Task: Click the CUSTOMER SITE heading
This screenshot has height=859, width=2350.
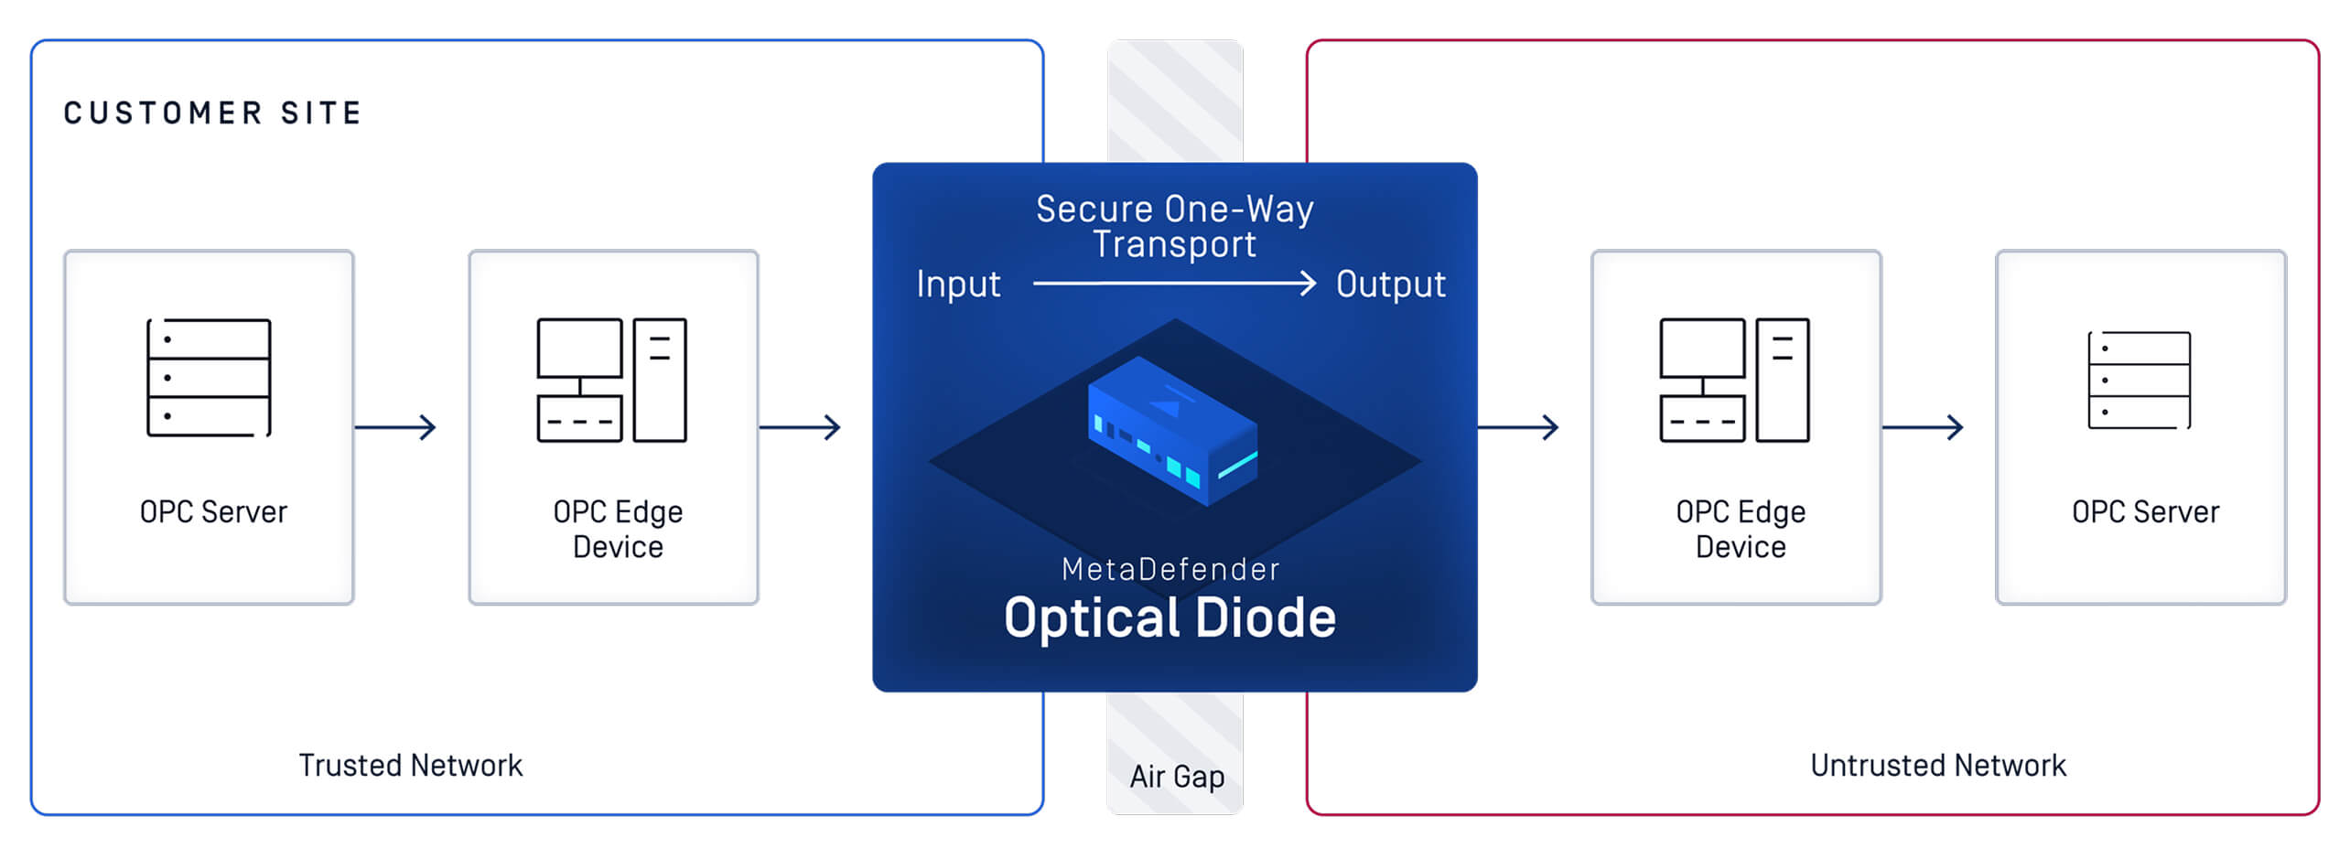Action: [x=212, y=113]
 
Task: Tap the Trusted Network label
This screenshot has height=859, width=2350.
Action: [x=410, y=765]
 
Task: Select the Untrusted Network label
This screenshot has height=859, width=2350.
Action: [x=1937, y=765]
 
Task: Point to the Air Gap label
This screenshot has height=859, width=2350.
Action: [x=1176, y=776]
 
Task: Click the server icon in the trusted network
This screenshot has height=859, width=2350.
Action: [x=209, y=378]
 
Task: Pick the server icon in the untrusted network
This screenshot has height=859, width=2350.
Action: [x=2139, y=380]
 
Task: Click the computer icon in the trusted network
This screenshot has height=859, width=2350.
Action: [x=611, y=380]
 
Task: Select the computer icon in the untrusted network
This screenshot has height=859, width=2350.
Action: [x=1734, y=380]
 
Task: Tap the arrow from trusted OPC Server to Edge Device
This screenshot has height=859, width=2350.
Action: [x=395, y=426]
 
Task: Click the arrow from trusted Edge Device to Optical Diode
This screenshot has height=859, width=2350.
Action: [x=800, y=426]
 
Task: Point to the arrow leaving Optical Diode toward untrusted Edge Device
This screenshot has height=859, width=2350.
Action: [x=1517, y=426]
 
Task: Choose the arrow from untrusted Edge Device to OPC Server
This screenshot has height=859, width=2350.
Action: [x=1922, y=426]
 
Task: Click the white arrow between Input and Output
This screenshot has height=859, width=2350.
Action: [x=1174, y=284]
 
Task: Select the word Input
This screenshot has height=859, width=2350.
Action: [x=958, y=284]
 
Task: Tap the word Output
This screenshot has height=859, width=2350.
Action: [x=1390, y=284]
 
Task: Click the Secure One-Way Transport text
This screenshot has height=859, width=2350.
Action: [x=1174, y=226]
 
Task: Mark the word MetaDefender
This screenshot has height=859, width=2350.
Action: [x=1170, y=569]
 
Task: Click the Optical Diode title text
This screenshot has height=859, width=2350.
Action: [x=1170, y=617]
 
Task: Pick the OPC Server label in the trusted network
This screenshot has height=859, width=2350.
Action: [x=213, y=511]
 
